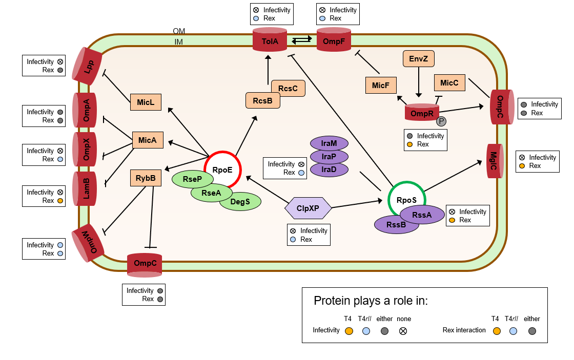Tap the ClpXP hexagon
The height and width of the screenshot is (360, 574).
(x=308, y=208)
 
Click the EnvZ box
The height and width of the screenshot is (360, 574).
(x=418, y=59)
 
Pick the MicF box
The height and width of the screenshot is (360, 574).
(x=381, y=86)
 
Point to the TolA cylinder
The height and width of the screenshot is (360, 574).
(x=270, y=40)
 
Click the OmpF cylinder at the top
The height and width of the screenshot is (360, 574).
(x=334, y=40)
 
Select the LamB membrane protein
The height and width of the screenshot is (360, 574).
(x=86, y=189)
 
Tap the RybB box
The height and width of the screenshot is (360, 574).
(x=146, y=178)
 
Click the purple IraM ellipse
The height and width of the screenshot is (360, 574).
(x=329, y=143)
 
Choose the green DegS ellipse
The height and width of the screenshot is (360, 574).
(x=240, y=202)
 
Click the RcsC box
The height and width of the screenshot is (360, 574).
(x=288, y=88)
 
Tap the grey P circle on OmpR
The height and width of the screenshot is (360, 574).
(x=441, y=121)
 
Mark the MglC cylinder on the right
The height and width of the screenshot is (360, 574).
(x=494, y=161)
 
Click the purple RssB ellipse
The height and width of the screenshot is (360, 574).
(x=396, y=224)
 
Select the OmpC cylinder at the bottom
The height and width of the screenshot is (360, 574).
(x=145, y=264)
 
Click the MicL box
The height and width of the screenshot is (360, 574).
(x=146, y=102)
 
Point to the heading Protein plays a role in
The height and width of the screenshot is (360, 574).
(x=371, y=301)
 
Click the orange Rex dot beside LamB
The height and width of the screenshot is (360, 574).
(x=60, y=201)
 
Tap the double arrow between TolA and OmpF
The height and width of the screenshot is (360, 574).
(x=301, y=39)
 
